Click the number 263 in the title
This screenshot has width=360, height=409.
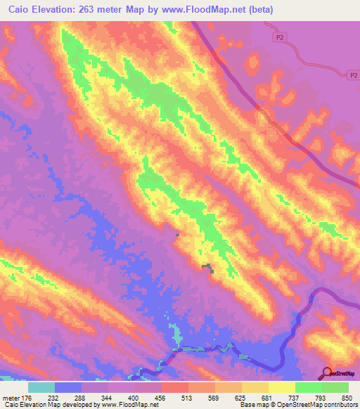(x=88, y=10)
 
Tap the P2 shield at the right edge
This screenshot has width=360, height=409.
(x=354, y=74)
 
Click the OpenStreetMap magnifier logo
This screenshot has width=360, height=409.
(x=328, y=372)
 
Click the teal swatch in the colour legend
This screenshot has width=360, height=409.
(x=41, y=387)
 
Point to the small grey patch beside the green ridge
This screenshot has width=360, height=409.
(x=207, y=267)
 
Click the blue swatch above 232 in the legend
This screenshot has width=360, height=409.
(x=68, y=387)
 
